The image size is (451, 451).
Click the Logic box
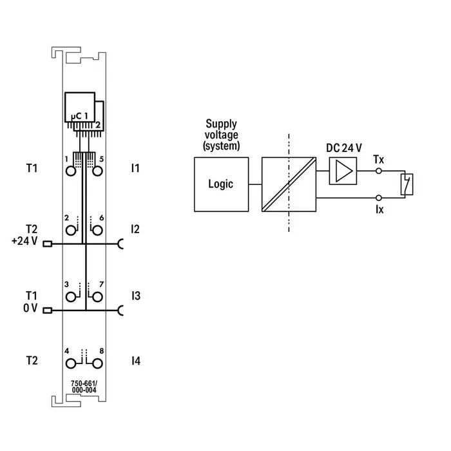[x=220, y=184]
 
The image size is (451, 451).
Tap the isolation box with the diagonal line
[x=289, y=184]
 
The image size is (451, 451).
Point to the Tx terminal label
[x=378, y=158]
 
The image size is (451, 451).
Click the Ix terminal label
[x=379, y=209]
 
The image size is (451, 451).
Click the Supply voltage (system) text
[x=221, y=134]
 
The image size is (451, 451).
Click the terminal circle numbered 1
[x=70, y=171]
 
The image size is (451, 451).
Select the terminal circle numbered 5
[x=97, y=171]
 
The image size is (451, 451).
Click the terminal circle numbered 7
[x=97, y=296]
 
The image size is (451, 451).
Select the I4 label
[x=135, y=361]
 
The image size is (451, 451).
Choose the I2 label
[x=135, y=229]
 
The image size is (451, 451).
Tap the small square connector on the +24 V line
[x=46, y=244]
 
